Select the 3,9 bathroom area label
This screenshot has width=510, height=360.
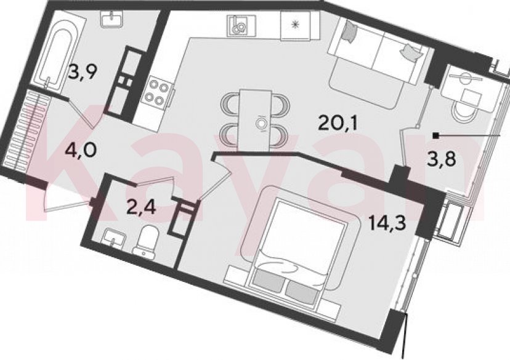pyautogui.click(x=81, y=73)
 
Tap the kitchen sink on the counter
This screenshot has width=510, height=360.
pyautogui.click(x=240, y=26)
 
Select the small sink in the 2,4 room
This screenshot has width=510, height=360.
pyautogui.click(x=114, y=236)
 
